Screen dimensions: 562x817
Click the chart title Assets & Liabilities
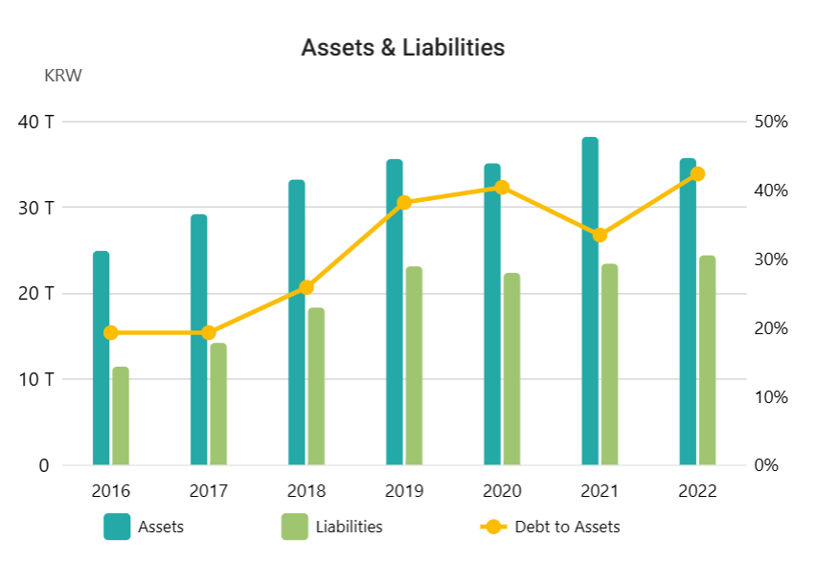click(402, 47)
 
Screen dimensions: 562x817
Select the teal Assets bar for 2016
click(101, 359)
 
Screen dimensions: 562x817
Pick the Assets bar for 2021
click(590, 302)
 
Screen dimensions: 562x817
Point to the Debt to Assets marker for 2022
click(697, 174)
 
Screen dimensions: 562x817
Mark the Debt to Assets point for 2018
click(306, 287)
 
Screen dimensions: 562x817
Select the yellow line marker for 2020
click(502, 188)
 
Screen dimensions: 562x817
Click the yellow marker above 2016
click(111, 333)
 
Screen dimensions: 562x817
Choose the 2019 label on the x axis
click(404, 491)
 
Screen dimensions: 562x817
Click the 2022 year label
click(697, 491)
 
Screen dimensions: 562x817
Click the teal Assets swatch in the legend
click(117, 527)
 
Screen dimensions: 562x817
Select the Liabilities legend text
click(350, 527)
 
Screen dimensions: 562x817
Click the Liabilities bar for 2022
click(707, 360)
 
